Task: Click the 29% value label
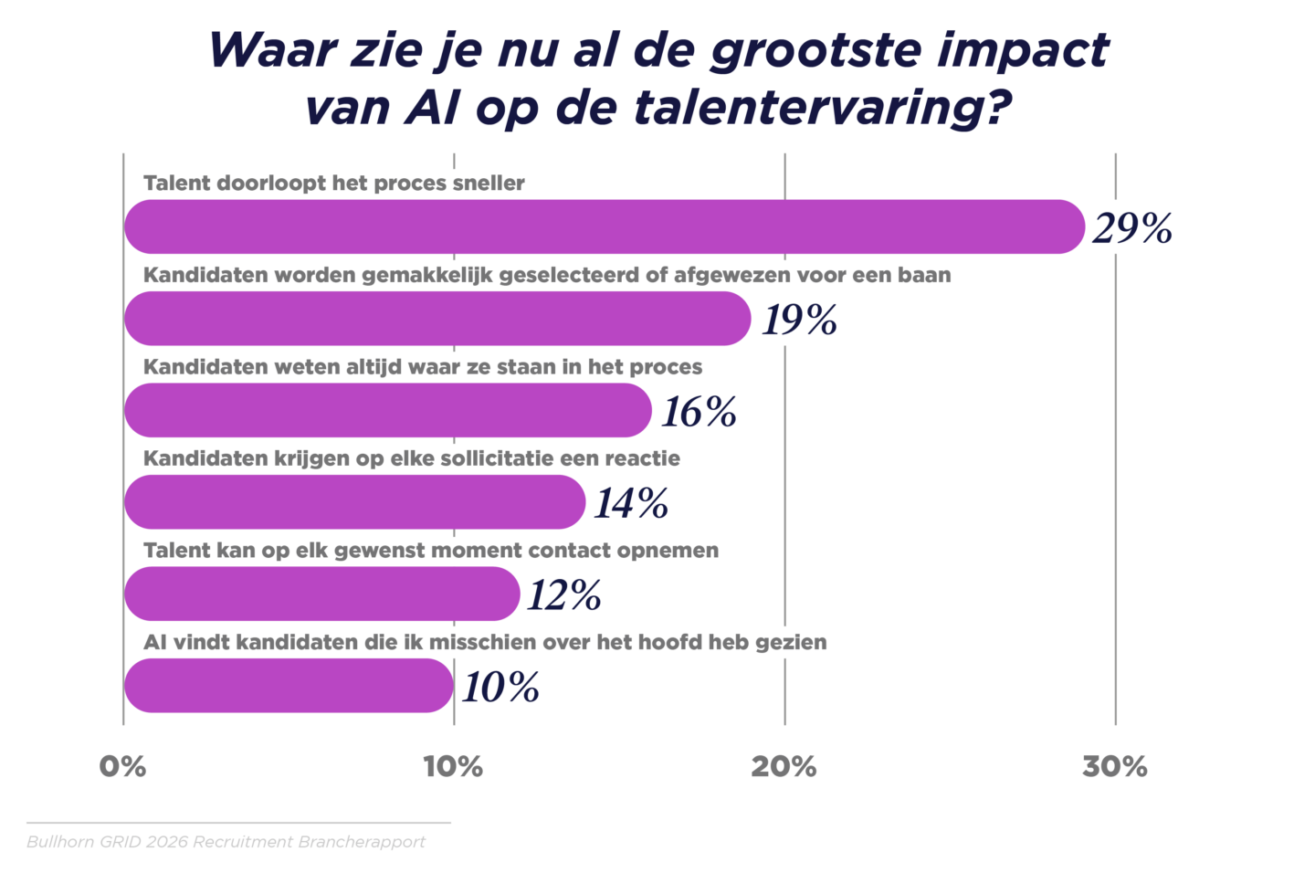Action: tap(1132, 228)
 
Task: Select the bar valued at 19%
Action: tap(437, 319)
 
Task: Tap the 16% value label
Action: tap(699, 412)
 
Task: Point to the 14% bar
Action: tap(354, 502)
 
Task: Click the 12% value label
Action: tap(564, 595)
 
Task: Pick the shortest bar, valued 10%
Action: tap(289, 686)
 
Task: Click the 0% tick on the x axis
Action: tap(122, 767)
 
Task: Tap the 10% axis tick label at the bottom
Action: tap(453, 767)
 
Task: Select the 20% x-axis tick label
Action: tap(784, 767)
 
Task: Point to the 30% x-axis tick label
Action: tap(1114, 767)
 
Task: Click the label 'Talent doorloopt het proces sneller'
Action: tap(334, 183)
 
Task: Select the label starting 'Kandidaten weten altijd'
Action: tap(423, 367)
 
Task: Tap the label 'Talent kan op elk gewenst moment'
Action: tap(431, 551)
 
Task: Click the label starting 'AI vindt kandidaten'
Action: tap(485, 642)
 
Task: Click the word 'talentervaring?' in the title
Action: tap(823, 108)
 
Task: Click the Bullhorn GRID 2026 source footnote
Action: tap(226, 842)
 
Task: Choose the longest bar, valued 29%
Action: tap(603, 226)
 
